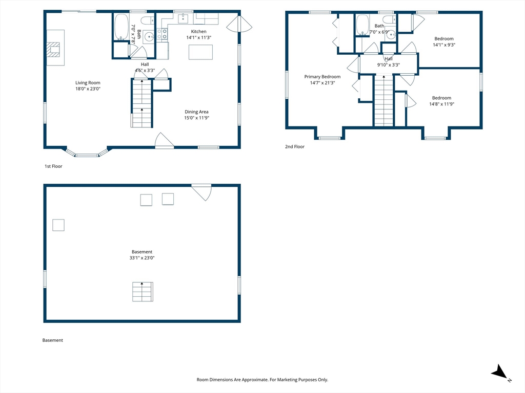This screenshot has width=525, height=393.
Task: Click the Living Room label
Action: [88, 82]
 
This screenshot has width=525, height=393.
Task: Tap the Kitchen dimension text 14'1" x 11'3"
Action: [199, 37]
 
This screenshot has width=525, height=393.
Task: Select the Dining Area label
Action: [196, 112]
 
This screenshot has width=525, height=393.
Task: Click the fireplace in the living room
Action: [53, 50]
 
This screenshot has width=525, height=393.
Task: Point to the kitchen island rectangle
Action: [200, 52]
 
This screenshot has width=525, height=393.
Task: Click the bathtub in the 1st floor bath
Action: [121, 27]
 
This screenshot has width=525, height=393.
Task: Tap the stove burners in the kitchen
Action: [162, 34]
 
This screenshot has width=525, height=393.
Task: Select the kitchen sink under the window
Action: [183, 18]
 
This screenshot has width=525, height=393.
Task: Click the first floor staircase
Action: [142, 103]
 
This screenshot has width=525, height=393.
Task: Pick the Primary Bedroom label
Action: [322, 77]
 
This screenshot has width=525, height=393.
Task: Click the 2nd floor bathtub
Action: [362, 25]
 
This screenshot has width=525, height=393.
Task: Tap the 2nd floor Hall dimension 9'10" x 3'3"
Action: [389, 65]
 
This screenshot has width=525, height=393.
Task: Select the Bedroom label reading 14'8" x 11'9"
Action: [441, 98]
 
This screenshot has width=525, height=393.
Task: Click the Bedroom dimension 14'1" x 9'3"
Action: [444, 45]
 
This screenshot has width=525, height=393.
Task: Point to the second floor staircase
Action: [383, 101]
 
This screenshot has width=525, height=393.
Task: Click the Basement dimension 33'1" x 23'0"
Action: [142, 258]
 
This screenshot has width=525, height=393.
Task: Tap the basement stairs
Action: [143, 292]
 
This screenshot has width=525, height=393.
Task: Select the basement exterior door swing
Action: [201, 192]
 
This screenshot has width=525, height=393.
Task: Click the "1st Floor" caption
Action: [53, 166]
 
